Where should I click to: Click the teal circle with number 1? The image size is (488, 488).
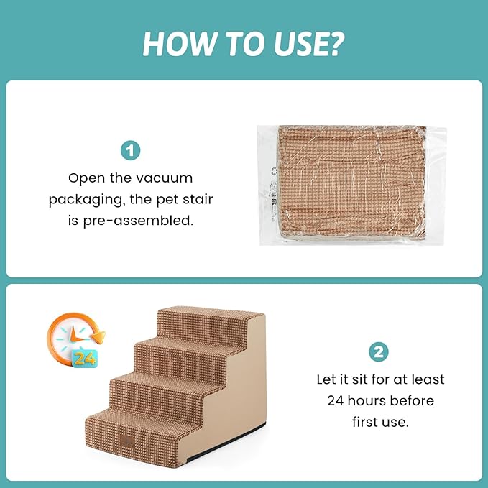(x=131, y=151)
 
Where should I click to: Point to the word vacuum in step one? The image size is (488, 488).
(x=166, y=177)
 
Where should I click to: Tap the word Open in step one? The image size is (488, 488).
(x=84, y=177)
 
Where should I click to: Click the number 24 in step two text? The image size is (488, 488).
(x=335, y=400)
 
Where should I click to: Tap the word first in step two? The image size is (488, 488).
(x=369, y=422)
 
